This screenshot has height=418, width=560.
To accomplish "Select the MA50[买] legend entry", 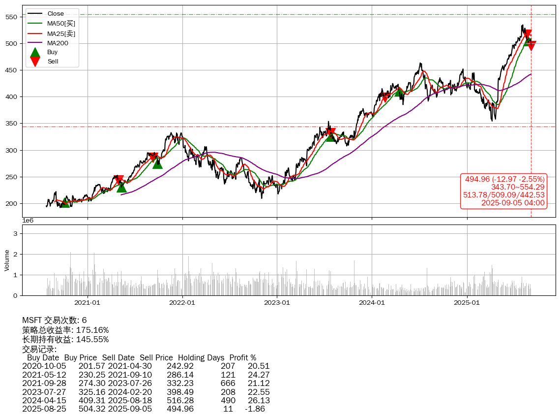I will coord(61,24).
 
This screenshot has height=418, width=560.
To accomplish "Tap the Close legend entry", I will coord(56,14).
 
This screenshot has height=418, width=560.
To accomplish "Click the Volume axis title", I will coord(7,260).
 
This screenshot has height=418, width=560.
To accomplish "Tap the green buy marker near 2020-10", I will coord(65,202).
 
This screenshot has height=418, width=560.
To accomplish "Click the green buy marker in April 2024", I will coord(399,92).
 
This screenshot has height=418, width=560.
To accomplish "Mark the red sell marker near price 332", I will coord(331,133).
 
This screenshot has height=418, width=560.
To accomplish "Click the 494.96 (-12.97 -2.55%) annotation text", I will coord(504,179).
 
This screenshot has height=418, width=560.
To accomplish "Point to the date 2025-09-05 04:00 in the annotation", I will coord(513,202).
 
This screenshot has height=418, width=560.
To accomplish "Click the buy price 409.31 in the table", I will coord(92,400).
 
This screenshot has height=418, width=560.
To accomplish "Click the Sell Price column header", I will coord(156,357).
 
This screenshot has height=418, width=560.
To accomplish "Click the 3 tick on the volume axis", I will coord(16,233).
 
